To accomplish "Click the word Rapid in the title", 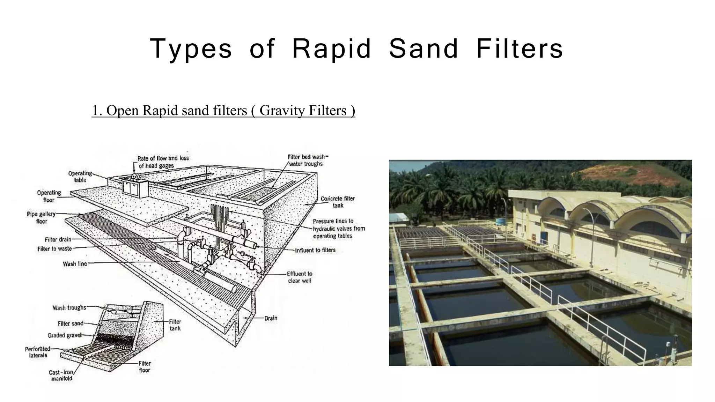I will click(x=331, y=49).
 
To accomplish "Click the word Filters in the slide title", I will click(x=519, y=49).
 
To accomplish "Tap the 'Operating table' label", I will click(x=80, y=177).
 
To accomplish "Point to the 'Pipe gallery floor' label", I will click(x=41, y=217).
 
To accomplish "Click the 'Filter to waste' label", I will click(x=54, y=249).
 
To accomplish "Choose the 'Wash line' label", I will click(x=75, y=264).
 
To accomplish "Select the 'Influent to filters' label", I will click(x=315, y=250).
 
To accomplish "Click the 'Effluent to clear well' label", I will click(x=300, y=277).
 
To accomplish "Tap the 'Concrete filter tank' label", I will click(x=338, y=202).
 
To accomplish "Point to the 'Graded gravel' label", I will click(x=64, y=335).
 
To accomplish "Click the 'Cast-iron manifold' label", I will click(x=61, y=375).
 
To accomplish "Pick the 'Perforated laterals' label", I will click(x=38, y=352).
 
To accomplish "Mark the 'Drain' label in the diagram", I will click(x=271, y=318).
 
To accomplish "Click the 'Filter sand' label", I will click(x=71, y=323).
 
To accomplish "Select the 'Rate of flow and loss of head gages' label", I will click(x=163, y=162).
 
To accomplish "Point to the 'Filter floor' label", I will click(x=145, y=366).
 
